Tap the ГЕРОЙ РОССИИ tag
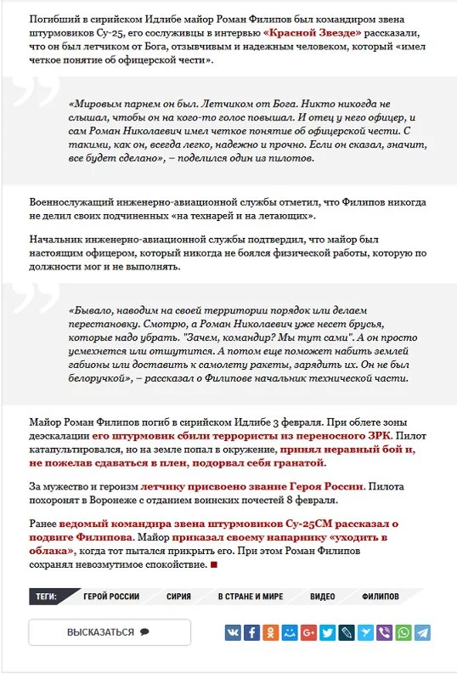click(111, 597)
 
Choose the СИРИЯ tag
click(178, 597)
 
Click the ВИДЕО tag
click(322, 597)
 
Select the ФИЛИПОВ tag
click(380, 597)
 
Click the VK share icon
click(233, 632)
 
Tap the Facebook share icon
click(251, 632)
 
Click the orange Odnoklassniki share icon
click(270, 632)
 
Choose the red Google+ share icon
click(308, 632)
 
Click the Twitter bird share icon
click(327, 632)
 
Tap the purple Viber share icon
click(384, 632)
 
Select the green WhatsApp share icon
click(403, 632)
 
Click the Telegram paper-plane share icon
click(421, 632)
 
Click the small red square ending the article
click(214, 565)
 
